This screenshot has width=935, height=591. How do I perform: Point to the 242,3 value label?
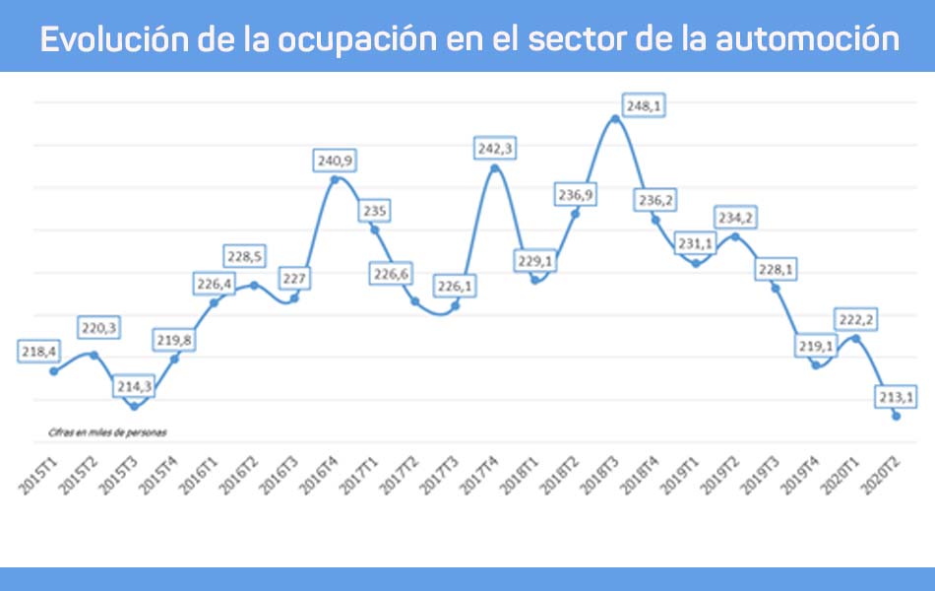point(495,149)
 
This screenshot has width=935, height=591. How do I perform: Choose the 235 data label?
point(375,210)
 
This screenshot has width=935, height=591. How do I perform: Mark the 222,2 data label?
point(855,319)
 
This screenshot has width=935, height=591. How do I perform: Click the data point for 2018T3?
point(615,118)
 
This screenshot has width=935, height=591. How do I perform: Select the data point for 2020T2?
point(896,417)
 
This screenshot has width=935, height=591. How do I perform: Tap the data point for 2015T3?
point(134,406)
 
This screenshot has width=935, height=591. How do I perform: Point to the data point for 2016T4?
point(335,179)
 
